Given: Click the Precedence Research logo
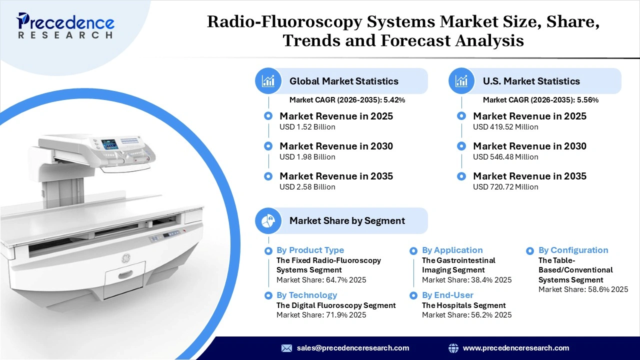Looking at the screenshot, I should [65, 25].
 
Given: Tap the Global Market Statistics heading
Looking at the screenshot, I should [343, 81].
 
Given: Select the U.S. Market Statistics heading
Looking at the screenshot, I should [531, 81].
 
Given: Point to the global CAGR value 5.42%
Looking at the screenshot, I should [394, 100].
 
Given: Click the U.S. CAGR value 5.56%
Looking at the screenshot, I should [587, 100].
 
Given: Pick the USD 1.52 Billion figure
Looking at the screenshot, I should [307, 127].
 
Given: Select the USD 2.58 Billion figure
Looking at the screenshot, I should [307, 187].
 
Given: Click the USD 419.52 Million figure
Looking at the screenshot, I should [505, 127].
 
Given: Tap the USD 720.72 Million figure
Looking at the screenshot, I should [505, 187].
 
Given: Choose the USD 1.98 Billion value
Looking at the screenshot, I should [307, 157].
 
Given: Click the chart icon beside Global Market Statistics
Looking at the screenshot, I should [268, 81].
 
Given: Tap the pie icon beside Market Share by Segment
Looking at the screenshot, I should [268, 220].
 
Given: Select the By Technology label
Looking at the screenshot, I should [306, 295].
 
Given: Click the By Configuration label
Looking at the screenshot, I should [573, 250].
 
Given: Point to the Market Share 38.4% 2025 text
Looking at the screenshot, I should [466, 280].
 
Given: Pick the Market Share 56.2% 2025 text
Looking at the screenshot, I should [466, 315].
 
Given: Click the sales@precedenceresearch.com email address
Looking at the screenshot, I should [353, 348].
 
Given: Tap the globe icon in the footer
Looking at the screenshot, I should [453, 348].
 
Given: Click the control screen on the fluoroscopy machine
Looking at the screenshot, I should [109, 144].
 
